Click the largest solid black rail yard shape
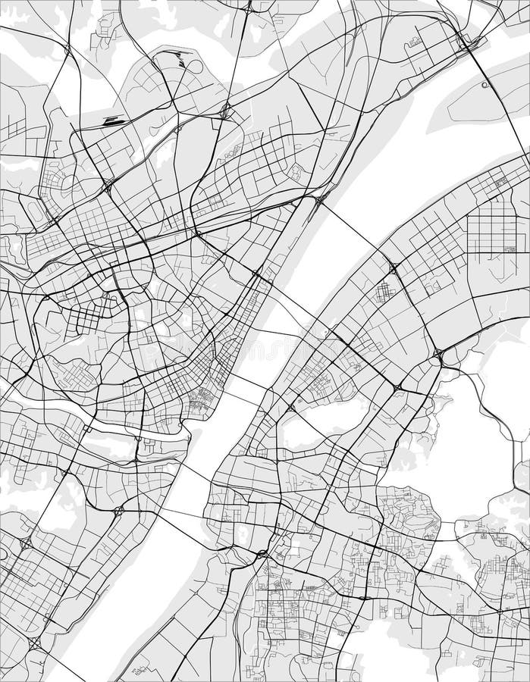pos(114,120)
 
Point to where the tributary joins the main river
pos(190,438)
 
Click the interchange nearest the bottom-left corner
pos(33,643)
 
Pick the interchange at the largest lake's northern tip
pos(437,353)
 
